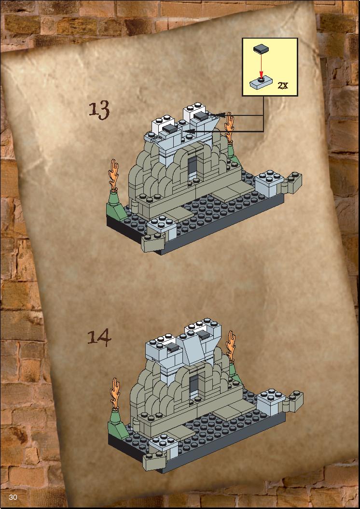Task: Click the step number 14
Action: [x=99, y=338]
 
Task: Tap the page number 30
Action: [x=13, y=497]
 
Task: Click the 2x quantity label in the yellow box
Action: [x=283, y=85]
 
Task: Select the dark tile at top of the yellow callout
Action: [x=261, y=50]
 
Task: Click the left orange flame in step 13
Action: [x=114, y=174]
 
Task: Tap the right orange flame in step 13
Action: [x=229, y=127]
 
